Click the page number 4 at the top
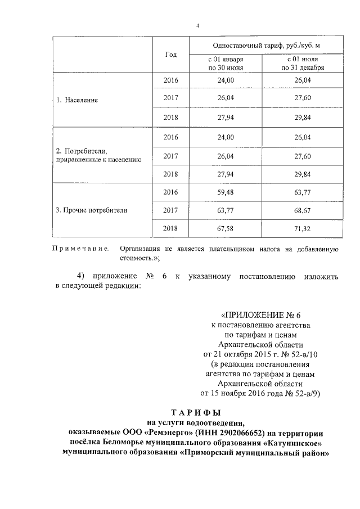coord(197,25)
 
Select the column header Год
coord(171,55)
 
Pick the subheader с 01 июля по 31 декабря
coord(302,63)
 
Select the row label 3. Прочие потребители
coord(92,210)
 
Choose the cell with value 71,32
coord(302,228)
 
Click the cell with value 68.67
coord(302,210)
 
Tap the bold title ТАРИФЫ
coord(196,412)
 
